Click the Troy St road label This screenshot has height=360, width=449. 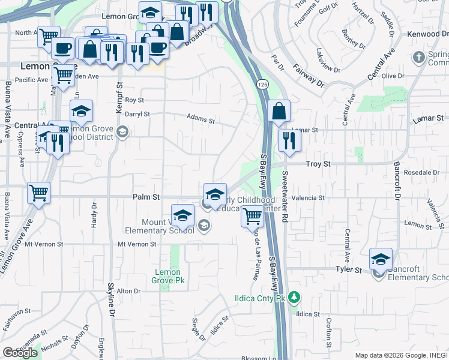coord(318,163)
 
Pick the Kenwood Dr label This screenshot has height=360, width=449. coord(423,34)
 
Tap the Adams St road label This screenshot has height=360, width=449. coord(200,119)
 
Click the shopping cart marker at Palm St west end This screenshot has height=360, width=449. coord(39,193)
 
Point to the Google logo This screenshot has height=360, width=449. coord(20,353)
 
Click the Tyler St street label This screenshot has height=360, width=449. coord(349,271)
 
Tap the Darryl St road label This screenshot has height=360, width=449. coord(137,113)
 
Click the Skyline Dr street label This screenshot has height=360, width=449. coord(111,300)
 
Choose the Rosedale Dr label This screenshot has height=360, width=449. coord(423,172)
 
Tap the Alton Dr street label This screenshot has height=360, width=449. coord(128,291)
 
